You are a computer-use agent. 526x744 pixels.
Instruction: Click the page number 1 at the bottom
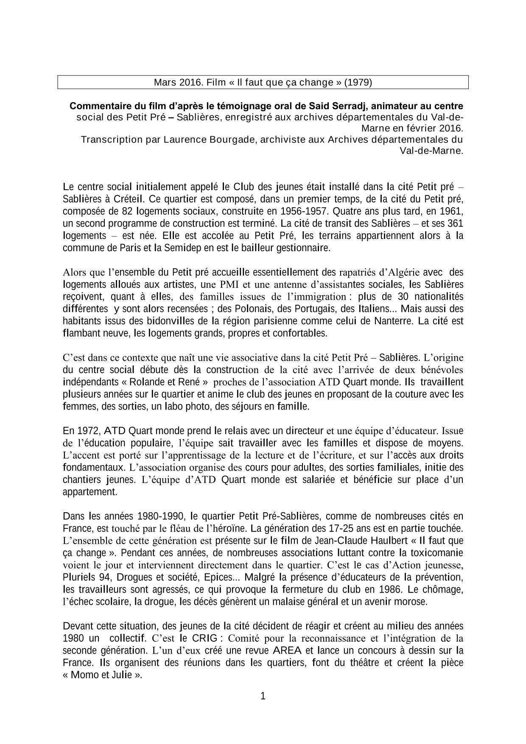pyautogui.click(x=263, y=696)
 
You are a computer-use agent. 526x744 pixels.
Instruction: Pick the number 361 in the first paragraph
pyautogui.click(x=455, y=223)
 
